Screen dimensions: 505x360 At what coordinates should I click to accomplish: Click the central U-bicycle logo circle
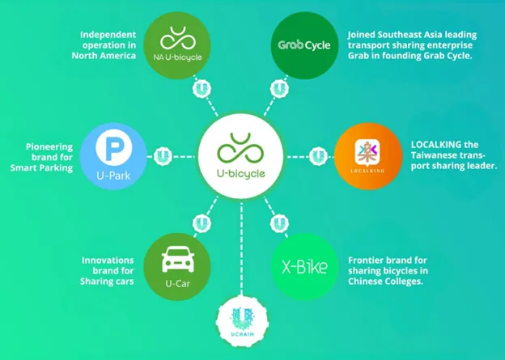[240, 156]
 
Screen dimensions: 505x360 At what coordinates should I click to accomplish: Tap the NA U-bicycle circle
[176, 45]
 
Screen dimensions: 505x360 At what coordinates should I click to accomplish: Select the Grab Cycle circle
[304, 45]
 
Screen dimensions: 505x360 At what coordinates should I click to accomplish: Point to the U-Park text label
[113, 176]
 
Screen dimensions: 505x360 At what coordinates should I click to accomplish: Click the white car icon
[178, 259]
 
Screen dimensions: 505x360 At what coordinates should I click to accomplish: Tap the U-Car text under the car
[177, 283]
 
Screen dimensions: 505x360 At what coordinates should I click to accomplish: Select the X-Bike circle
[304, 267]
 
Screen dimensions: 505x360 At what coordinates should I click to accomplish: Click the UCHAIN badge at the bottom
[242, 321]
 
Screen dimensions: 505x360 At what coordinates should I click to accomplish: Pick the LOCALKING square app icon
[367, 151]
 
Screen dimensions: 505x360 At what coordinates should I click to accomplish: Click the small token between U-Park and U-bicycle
[163, 156]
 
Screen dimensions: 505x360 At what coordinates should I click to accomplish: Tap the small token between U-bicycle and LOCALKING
[318, 156]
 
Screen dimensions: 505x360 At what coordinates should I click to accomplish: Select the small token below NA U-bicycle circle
[202, 88]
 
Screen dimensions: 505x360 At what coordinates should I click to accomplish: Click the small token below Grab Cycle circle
[279, 88]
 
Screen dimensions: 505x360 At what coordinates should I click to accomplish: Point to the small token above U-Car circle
[202, 223]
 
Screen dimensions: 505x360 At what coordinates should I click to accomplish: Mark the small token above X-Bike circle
[279, 223]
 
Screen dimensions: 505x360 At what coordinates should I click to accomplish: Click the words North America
[104, 56]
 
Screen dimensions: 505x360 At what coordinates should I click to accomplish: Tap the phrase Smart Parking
[41, 167]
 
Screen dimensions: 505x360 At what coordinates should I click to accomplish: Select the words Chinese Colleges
[385, 281]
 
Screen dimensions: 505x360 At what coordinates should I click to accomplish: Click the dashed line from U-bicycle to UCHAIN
[241, 248]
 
